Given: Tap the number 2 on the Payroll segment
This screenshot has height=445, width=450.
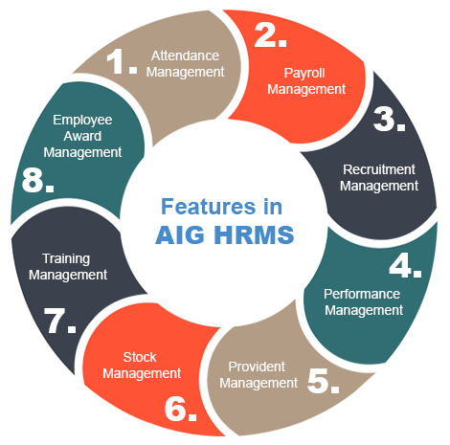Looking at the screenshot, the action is [264, 35].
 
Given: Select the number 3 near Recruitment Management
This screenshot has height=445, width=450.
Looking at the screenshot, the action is [383, 119].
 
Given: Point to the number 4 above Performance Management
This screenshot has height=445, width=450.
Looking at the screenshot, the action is [400, 265].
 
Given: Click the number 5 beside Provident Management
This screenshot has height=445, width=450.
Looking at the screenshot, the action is [318, 380].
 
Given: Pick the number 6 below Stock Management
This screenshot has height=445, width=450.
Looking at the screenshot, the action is [175, 409].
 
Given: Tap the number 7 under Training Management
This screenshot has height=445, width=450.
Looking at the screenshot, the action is [55, 321].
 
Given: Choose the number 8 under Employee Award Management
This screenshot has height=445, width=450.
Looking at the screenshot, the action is [33, 180].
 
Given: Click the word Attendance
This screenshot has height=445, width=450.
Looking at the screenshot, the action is [185, 56].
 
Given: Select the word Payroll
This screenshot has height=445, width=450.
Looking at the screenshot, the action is [304, 74].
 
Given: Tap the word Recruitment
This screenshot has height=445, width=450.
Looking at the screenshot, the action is [379, 169].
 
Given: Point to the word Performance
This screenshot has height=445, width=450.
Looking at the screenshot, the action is [362, 294].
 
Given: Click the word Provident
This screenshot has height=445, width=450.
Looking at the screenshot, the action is [257, 367].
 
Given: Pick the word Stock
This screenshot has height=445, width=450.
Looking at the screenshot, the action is [140, 357].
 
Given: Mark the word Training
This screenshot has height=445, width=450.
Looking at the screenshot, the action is [66, 259].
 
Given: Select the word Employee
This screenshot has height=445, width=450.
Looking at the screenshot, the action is [82, 121].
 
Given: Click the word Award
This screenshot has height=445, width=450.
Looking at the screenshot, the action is [82, 136].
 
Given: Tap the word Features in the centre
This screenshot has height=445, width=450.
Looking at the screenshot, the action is [209, 207].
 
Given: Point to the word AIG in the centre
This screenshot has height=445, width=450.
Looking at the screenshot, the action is [180, 234].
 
